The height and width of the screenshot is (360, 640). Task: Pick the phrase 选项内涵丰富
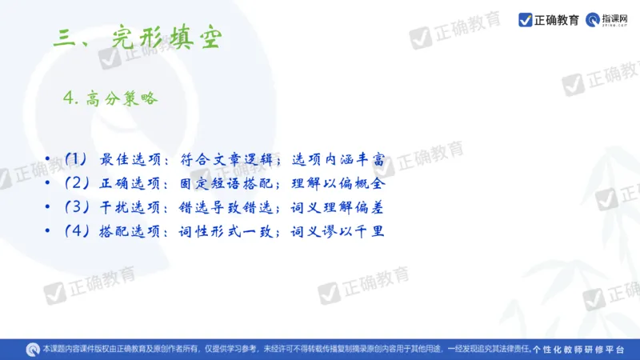click(339, 160)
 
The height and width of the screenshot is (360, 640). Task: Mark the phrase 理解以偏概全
click(339, 184)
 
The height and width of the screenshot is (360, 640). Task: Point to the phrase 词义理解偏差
click(339, 208)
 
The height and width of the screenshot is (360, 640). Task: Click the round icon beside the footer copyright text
click(33, 350)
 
